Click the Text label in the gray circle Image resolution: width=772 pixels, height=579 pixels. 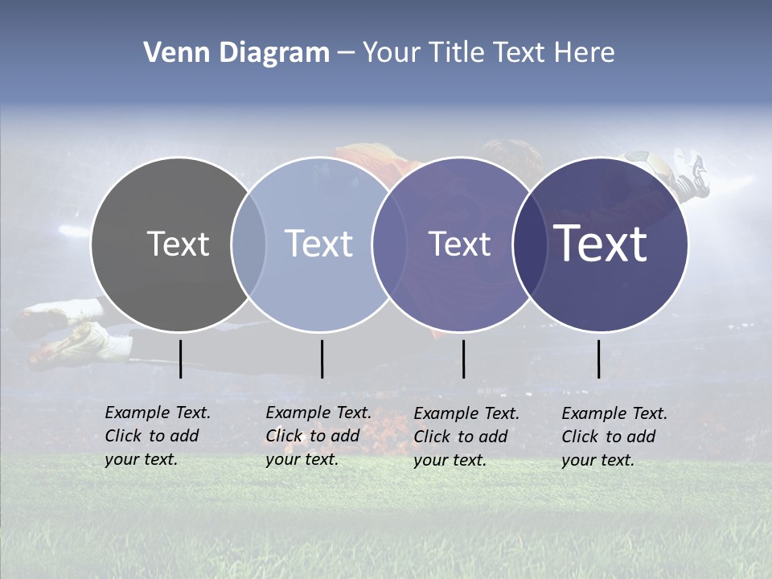pyautogui.click(x=178, y=244)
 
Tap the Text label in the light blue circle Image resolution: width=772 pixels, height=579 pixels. pyautogui.click(x=319, y=244)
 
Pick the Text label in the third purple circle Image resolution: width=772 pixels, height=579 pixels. pyautogui.click(x=459, y=244)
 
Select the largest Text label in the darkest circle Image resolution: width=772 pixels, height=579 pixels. pyautogui.click(x=601, y=244)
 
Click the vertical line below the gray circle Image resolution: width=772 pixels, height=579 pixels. pyautogui.click(x=181, y=359)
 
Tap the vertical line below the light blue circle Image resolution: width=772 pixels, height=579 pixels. pyautogui.click(x=322, y=359)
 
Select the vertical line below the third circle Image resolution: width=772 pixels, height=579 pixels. pyautogui.click(x=464, y=359)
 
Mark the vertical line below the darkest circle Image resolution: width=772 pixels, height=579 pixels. pyautogui.click(x=599, y=359)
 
